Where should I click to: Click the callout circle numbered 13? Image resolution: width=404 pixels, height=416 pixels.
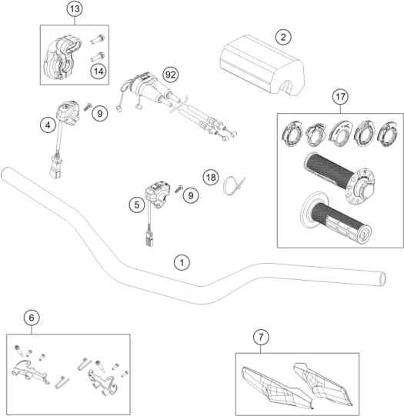(x=75, y=8)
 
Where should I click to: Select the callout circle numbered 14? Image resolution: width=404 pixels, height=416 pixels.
(x=98, y=71)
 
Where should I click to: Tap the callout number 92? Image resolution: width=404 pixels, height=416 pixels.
(x=170, y=75)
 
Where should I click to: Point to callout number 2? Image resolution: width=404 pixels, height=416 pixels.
(x=283, y=37)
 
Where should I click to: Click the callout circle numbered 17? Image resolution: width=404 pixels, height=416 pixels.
(x=341, y=97)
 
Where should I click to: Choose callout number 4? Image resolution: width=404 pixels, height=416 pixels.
(x=48, y=125)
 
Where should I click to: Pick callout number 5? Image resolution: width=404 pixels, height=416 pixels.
(x=137, y=205)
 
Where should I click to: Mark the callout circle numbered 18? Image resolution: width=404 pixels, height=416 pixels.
(x=211, y=177)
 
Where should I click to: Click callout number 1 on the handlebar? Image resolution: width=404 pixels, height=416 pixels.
(x=182, y=263)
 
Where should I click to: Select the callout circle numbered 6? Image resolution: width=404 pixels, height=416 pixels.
(x=32, y=318)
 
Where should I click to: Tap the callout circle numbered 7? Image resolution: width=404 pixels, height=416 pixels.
(x=261, y=338)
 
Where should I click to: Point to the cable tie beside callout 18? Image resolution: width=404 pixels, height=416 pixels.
(x=234, y=186)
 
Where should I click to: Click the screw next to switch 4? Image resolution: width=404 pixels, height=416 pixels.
(x=88, y=107)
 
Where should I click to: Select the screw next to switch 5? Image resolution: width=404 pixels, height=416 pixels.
(x=179, y=188)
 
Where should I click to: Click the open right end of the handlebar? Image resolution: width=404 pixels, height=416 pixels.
(x=382, y=279)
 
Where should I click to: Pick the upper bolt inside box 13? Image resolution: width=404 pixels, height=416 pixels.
(x=98, y=39)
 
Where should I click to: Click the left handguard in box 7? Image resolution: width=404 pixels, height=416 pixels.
(x=276, y=388)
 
